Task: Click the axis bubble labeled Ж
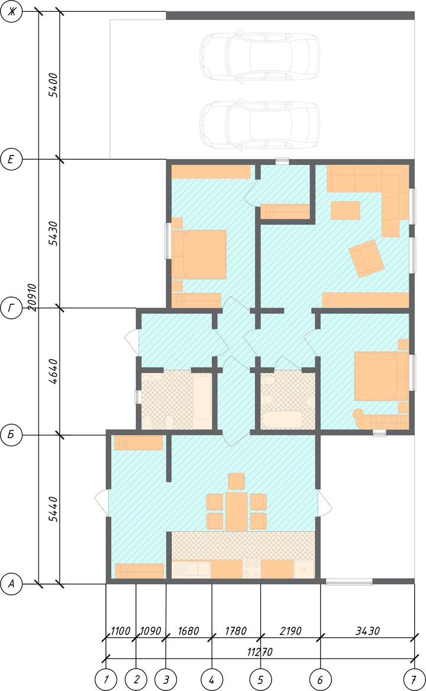point(11,11)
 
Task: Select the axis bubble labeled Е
point(11,159)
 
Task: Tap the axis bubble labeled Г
point(11,308)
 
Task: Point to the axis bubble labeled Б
point(11,435)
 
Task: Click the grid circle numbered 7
point(414,680)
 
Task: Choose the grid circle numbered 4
point(212,680)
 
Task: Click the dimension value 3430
point(367,631)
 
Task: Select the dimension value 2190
point(291,631)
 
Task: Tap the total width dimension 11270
point(260,652)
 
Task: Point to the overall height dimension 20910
point(32,297)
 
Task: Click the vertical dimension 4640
point(53,372)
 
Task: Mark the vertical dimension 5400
point(53,85)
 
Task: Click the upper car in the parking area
point(260,56)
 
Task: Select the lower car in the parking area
point(260,124)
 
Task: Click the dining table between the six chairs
point(237,511)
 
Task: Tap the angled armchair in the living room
point(366,259)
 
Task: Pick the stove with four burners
point(251,569)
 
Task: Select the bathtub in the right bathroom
point(282,419)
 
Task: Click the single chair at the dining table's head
point(237,481)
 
